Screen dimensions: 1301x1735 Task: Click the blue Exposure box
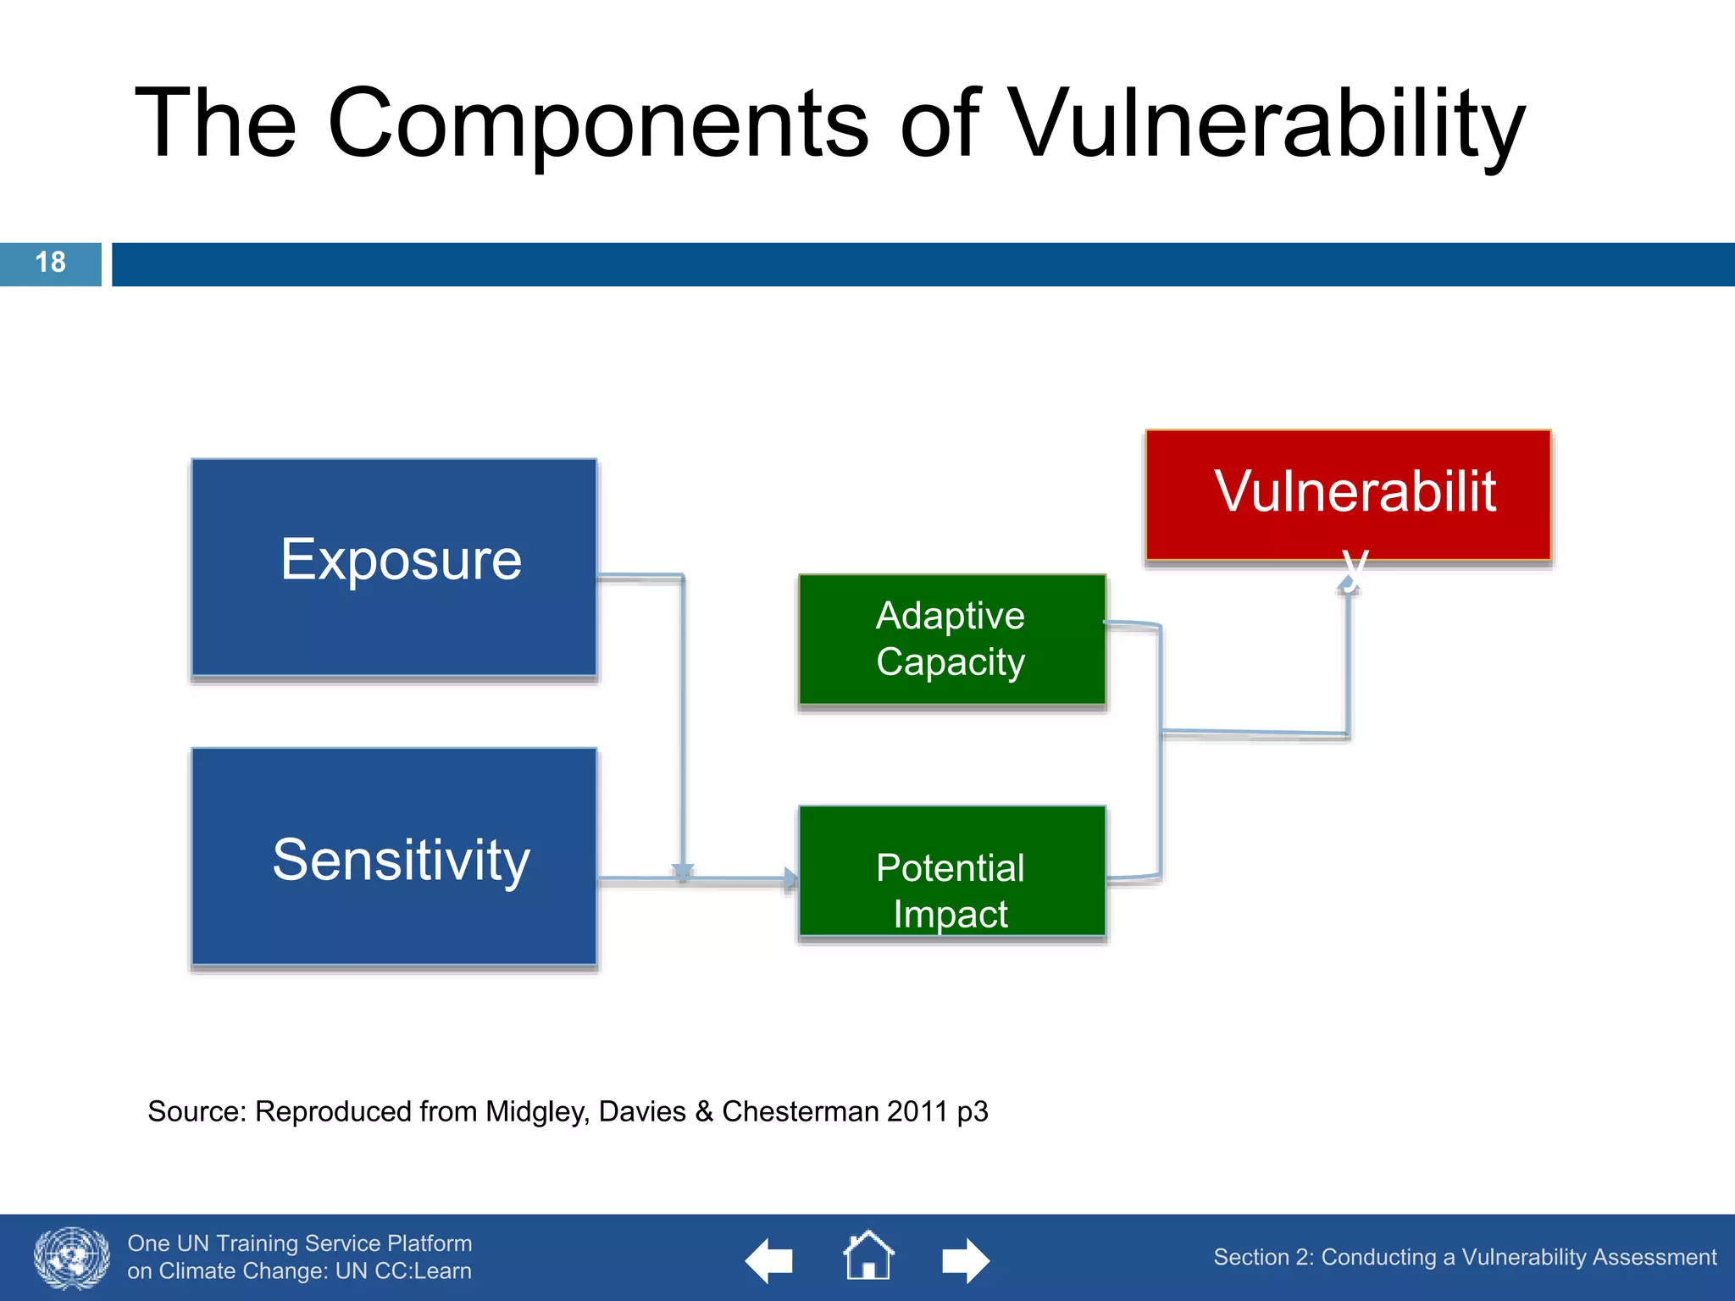(394, 567)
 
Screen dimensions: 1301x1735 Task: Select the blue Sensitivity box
(394, 857)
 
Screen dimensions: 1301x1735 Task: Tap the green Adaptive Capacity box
(951, 639)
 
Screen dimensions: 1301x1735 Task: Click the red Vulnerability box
(1348, 495)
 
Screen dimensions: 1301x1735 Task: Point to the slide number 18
(50, 263)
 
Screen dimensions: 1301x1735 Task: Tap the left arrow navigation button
(768, 1260)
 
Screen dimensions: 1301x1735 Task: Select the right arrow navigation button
(966, 1260)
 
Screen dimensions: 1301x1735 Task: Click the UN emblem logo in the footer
(72, 1258)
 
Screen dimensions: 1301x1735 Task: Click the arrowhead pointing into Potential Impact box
(790, 880)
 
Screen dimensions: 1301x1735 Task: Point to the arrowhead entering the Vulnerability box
(1349, 584)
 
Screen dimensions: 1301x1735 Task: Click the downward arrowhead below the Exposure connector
(683, 872)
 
